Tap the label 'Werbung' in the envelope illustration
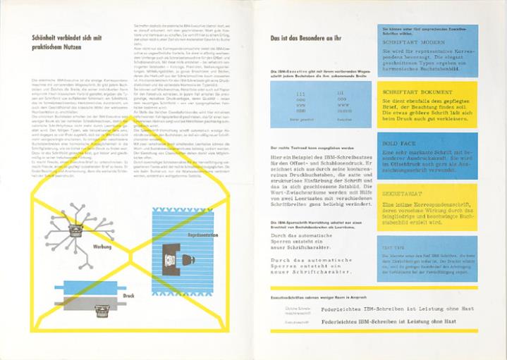[x=102, y=247]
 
